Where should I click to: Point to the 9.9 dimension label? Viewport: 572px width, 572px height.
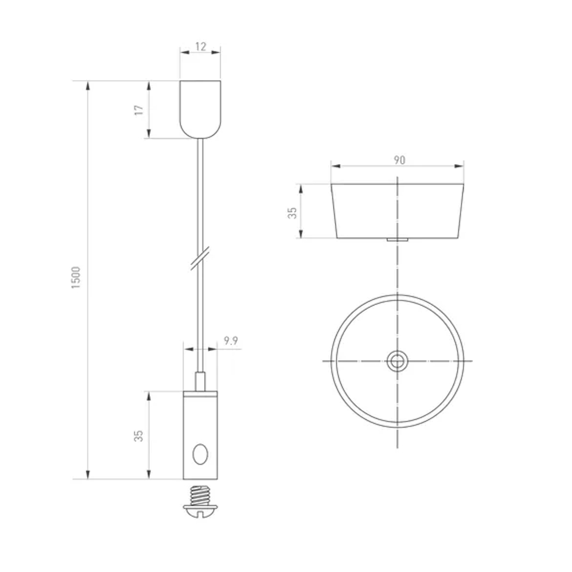(x=231, y=341)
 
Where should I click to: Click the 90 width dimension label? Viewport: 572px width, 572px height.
(x=399, y=160)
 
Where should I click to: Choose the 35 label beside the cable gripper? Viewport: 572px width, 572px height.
(x=138, y=436)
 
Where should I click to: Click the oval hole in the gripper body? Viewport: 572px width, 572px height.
(x=200, y=455)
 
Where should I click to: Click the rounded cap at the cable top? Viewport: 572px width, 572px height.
(x=200, y=109)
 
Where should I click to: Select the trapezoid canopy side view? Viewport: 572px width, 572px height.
(x=397, y=210)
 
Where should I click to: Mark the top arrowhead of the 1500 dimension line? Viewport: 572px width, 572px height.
(x=88, y=86)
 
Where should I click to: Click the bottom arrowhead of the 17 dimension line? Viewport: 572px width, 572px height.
(x=149, y=133)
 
